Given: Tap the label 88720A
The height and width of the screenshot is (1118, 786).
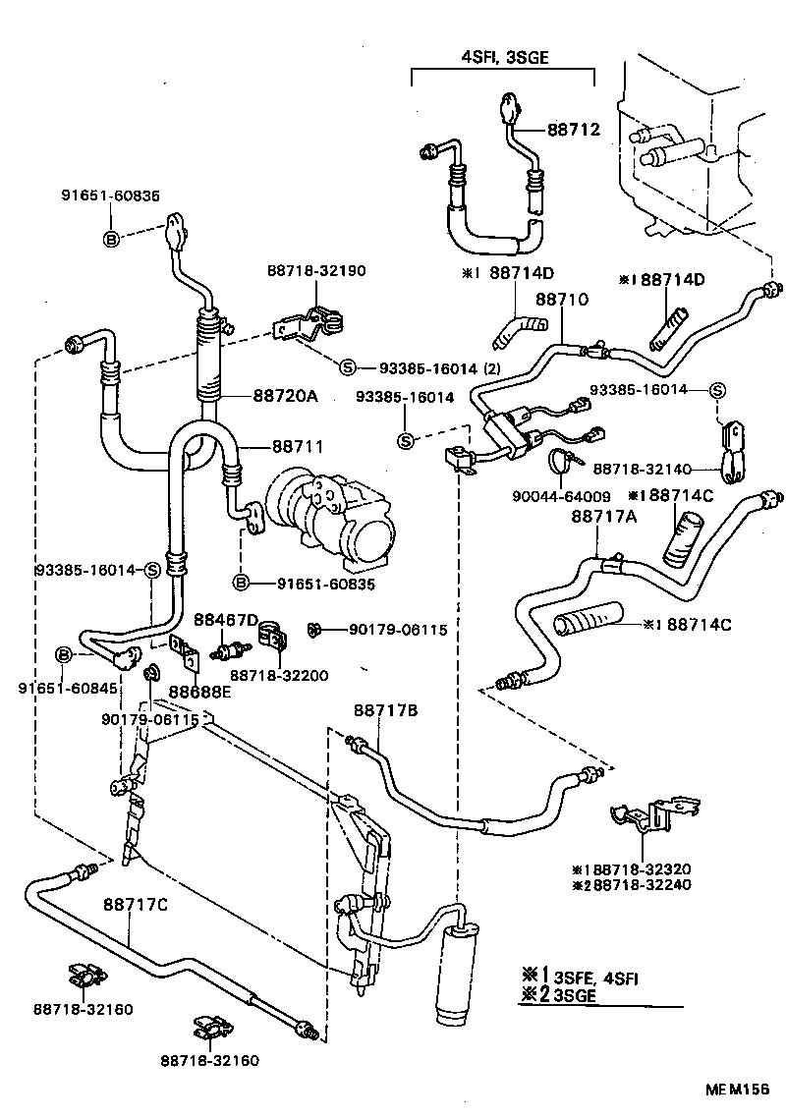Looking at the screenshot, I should coord(285,395).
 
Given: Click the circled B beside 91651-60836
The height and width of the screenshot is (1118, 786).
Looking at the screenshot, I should coord(111,239).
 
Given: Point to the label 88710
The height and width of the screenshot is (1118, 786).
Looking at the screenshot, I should coord(561,299).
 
